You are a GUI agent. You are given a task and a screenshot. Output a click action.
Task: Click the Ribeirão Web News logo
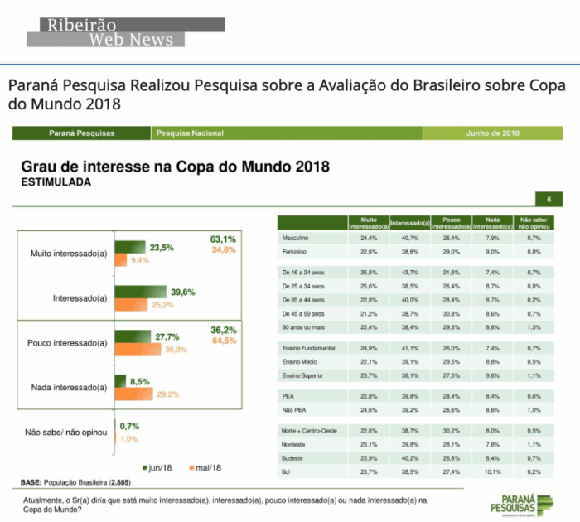tap(104, 31)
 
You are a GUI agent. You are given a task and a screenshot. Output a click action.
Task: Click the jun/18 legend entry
tap(158, 467)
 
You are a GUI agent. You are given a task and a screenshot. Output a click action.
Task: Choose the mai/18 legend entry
tap(204, 467)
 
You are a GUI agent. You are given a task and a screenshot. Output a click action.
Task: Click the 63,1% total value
tap(223, 239)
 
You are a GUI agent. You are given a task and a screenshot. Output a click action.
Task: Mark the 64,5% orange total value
tap(223, 341)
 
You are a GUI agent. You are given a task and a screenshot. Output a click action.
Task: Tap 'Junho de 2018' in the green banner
tap(492, 133)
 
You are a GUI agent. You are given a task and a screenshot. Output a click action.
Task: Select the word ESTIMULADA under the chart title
tap(56, 181)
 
